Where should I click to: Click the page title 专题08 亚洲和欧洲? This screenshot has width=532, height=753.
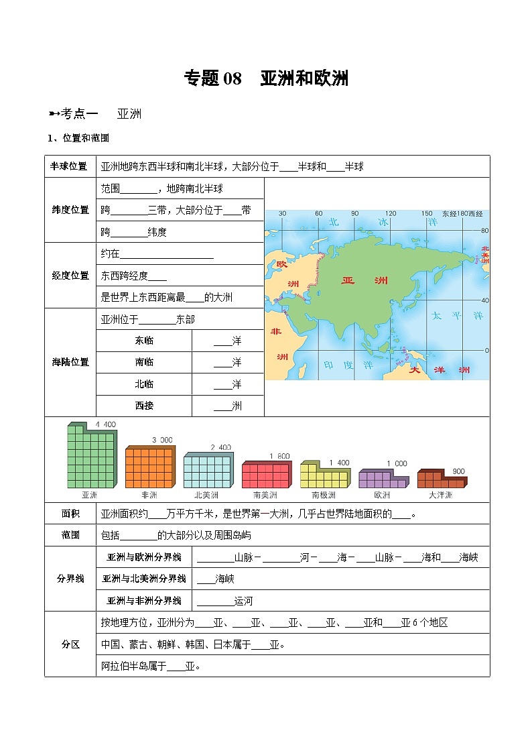(x=266, y=78)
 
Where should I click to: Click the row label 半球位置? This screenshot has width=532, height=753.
(x=70, y=166)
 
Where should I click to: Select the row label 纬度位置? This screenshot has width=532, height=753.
(x=70, y=210)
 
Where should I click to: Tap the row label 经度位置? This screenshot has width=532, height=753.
(x=70, y=276)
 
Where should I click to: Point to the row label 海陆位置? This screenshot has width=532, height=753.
(x=70, y=362)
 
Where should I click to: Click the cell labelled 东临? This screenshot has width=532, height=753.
(x=144, y=341)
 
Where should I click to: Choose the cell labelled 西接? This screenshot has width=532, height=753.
(x=144, y=406)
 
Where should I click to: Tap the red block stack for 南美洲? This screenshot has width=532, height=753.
(x=266, y=474)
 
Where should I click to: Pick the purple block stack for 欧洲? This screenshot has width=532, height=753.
(x=383, y=478)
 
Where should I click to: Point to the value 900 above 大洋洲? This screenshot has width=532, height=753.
(x=458, y=471)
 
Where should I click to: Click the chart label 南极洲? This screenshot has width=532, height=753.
(x=324, y=496)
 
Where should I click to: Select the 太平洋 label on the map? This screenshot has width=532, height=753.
(x=457, y=315)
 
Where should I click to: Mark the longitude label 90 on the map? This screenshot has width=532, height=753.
(x=354, y=214)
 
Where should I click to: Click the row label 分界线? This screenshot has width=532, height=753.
(x=70, y=579)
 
